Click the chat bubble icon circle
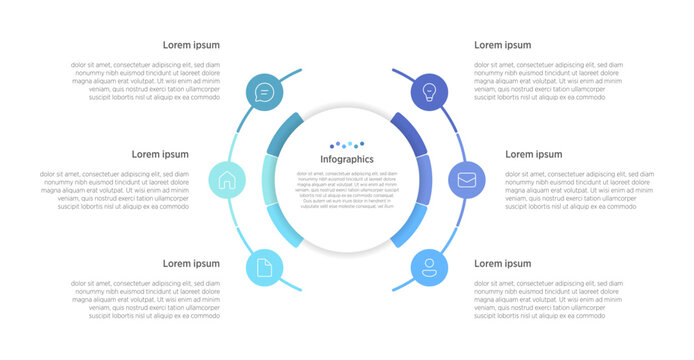pyautogui.click(x=264, y=93)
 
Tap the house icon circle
pyautogui.click(x=227, y=181)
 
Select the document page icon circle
pyautogui.click(x=264, y=267)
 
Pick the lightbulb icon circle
pyautogui.click(x=430, y=93)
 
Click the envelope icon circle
pyautogui.click(x=466, y=181)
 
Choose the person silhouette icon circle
pyautogui.click(x=429, y=267)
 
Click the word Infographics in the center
pyautogui.click(x=346, y=159)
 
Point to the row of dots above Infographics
pyautogui.click(x=347, y=146)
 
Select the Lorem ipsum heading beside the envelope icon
pyautogui.click(x=533, y=154)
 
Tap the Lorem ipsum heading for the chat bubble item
pyautogui.click(x=191, y=45)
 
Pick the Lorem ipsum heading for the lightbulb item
pyautogui.click(x=502, y=45)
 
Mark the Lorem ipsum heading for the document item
pyautogui.click(x=191, y=263)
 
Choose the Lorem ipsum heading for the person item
pyautogui.click(x=502, y=263)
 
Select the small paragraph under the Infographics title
pyautogui.click(x=346, y=190)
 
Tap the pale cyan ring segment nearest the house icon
pyautogui.click(x=270, y=180)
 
